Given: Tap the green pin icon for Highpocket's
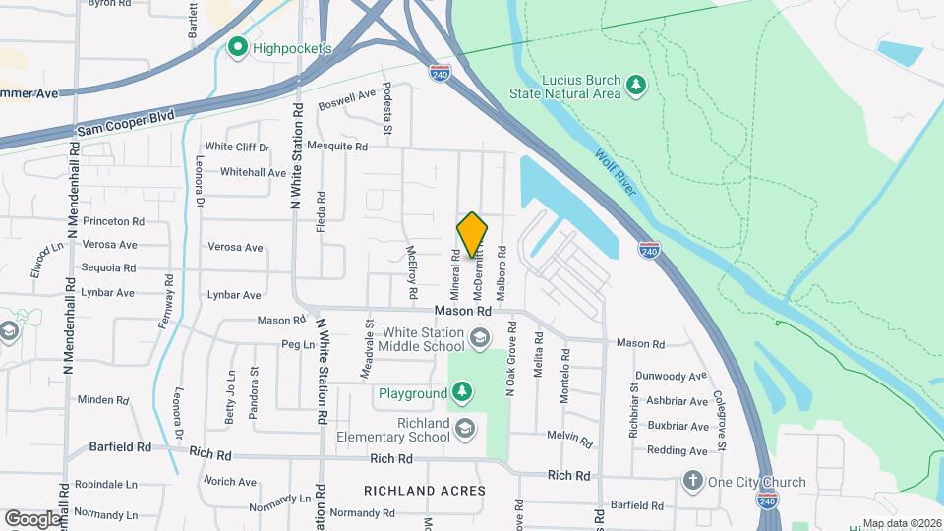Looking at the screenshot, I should (x=236, y=46).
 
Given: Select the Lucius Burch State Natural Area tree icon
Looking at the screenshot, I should (x=636, y=85).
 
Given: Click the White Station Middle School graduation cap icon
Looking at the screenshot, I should (x=479, y=340).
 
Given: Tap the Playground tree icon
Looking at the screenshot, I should (x=461, y=393).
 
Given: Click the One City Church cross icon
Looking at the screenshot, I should (x=693, y=482).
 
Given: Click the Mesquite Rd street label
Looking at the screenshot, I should (x=336, y=147).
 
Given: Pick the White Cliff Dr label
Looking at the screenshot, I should (x=237, y=147).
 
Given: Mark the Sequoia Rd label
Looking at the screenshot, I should (x=108, y=267).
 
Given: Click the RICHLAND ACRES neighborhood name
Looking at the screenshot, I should (x=425, y=490).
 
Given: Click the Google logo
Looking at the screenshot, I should (x=32, y=519).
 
